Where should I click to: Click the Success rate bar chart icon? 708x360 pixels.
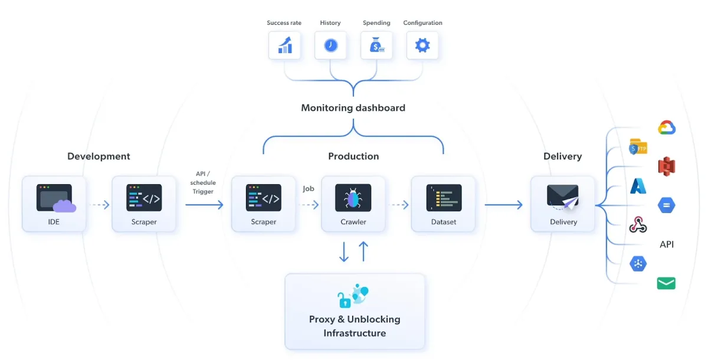pyautogui.click(x=285, y=45)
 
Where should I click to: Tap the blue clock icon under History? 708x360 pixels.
pyautogui.click(x=330, y=45)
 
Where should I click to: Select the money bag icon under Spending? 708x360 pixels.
pyautogui.click(x=376, y=45)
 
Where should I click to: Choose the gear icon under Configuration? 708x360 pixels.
pyautogui.click(x=422, y=45)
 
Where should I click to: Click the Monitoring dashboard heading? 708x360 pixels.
pyautogui.click(x=353, y=108)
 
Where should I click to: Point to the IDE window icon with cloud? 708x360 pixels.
pyautogui.click(x=56, y=198)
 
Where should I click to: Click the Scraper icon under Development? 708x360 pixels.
pyautogui.click(x=144, y=198)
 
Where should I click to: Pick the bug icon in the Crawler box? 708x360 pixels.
pyautogui.click(x=353, y=198)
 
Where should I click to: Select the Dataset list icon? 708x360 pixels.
pyautogui.click(x=444, y=198)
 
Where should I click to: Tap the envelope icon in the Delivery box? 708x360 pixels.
pyautogui.click(x=563, y=197)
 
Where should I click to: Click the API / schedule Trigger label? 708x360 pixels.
pyautogui.click(x=203, y=183)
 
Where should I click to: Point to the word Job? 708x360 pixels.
pyautogui.click(x=309, y=189)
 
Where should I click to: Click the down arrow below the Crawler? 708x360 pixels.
pyautogui.click(x=344, y=252)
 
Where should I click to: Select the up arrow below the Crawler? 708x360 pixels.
pyautogui.click(x=363, y=251)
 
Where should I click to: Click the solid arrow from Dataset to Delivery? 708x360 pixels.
pyautogui.click(x=503, y=205)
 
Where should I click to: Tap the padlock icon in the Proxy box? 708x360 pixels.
pyautogui.click(x=344, y=300)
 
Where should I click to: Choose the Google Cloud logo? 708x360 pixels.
pyautogui.click(x=667, y=127)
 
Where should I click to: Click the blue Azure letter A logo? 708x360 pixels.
pyautogui.click(x=638, y=186)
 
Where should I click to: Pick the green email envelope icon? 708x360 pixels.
pyautogui.click(x=666, y=283)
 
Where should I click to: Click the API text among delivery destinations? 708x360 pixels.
pyautogui.click(x=667, y=244)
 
